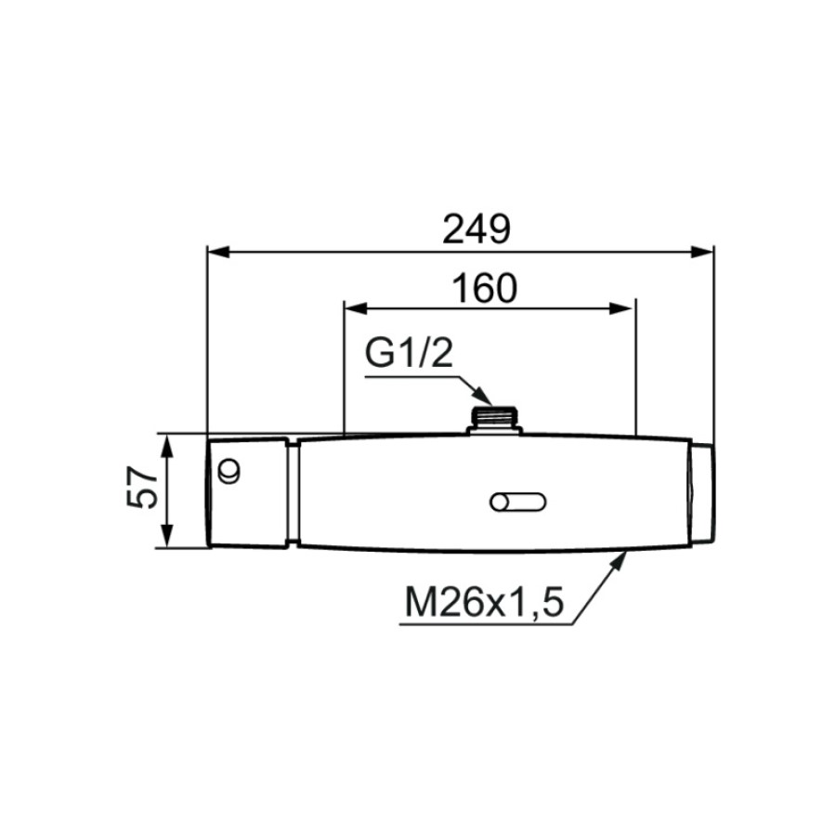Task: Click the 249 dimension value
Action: coord(477,229)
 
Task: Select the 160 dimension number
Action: coord(485,289)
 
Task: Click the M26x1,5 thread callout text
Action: coord(484,602)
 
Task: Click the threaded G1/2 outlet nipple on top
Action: coord(494,420)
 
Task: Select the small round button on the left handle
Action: coord(229,472)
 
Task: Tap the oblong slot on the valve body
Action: coord(517,503)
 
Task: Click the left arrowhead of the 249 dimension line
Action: coord(218,252)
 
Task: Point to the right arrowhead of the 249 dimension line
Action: coord(701,252)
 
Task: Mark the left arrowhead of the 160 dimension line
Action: coord(356,307)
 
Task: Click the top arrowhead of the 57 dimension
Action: coord(167,446)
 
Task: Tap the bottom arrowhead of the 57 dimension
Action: coord(167,536)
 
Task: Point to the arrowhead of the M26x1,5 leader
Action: coord(619,561)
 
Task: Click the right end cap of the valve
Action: coord(703,492)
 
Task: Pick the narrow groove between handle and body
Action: coord(293,492)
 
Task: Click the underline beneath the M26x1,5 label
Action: coord(486,624)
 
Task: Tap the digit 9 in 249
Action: coord(500,229)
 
